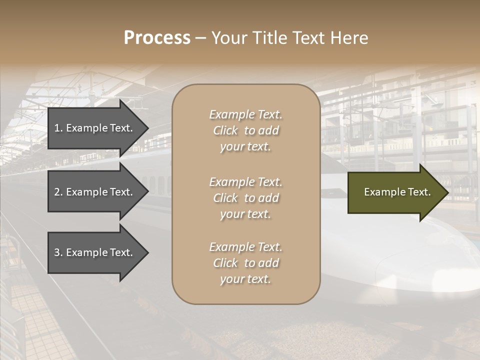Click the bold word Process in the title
coord(157,38)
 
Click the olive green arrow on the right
coord(395,192)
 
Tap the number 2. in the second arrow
coord(58,192)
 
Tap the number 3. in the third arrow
coord(58,252)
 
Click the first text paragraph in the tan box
coord(245,130)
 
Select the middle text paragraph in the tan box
coord(245,198)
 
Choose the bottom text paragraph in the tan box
coord(245,263)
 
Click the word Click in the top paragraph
coord(225,130)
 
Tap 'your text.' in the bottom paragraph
coord(245,279)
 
